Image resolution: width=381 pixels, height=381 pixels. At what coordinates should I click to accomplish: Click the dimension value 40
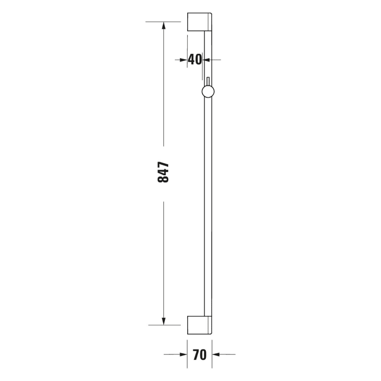[195, 59]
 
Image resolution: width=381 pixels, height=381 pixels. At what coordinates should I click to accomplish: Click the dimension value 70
[199, 355]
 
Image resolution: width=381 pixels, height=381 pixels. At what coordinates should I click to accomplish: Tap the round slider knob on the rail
[207, 92]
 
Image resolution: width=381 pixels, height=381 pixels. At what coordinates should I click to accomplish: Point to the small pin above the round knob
[207, 82]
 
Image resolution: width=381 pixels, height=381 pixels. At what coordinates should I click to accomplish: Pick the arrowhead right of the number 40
[207, 59]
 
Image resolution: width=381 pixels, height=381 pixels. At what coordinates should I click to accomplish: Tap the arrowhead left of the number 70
[183, 355]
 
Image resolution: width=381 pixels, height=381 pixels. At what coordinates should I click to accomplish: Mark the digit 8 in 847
[163, 180]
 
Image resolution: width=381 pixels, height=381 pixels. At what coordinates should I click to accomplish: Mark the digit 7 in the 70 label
[196, 355]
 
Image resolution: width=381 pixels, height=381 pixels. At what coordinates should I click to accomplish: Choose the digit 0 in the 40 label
[198, 59]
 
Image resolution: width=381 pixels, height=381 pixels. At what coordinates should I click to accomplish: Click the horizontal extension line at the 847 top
[163, 22]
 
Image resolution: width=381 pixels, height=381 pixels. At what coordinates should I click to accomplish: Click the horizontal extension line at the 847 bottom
[163, 325]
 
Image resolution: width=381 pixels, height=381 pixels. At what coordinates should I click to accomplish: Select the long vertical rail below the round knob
[207, 207]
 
